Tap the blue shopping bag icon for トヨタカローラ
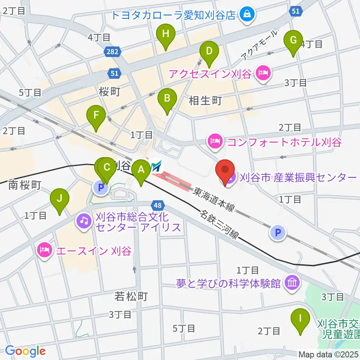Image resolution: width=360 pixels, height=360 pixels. click(x=247, y=15)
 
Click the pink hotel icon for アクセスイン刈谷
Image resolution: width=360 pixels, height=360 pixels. click(x=262, y=73)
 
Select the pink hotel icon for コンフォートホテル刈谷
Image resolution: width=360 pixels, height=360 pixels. click(x=214, y=142)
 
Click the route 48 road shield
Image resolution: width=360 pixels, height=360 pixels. click(x=158, y=205)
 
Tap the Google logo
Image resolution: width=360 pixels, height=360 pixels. click(x=25, y=351)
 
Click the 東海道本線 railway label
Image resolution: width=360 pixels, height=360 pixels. click(x=213, y=199)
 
